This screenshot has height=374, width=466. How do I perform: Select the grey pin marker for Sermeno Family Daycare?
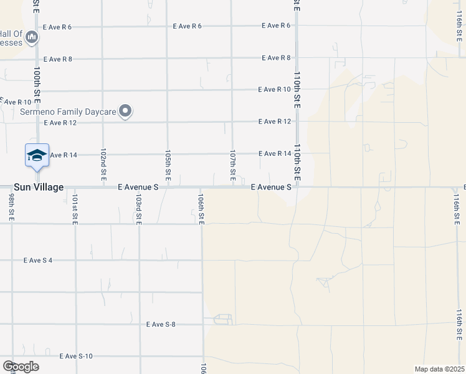(126, 112)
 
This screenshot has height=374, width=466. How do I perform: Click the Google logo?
(21, 366)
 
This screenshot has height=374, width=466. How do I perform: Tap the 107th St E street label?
(232, 165)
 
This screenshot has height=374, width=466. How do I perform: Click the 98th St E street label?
(12, 206)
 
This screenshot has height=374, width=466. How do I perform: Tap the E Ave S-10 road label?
(76, 357)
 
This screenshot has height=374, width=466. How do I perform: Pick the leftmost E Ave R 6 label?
(58, 27)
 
